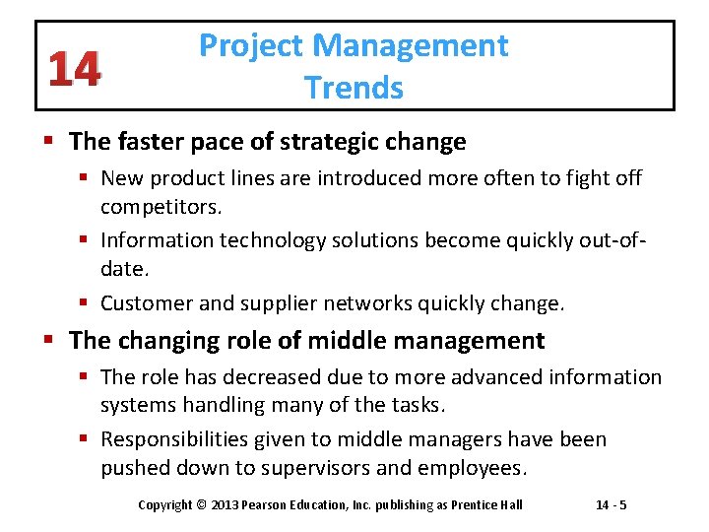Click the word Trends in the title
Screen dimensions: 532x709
coord(354,88)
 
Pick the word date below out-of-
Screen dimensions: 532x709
coord(121,267)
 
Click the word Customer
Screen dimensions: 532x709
coord(147,303)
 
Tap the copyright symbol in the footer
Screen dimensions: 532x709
coord(201,505)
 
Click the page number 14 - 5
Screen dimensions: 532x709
coord(612,505)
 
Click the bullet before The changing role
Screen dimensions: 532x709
coord(51,342)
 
